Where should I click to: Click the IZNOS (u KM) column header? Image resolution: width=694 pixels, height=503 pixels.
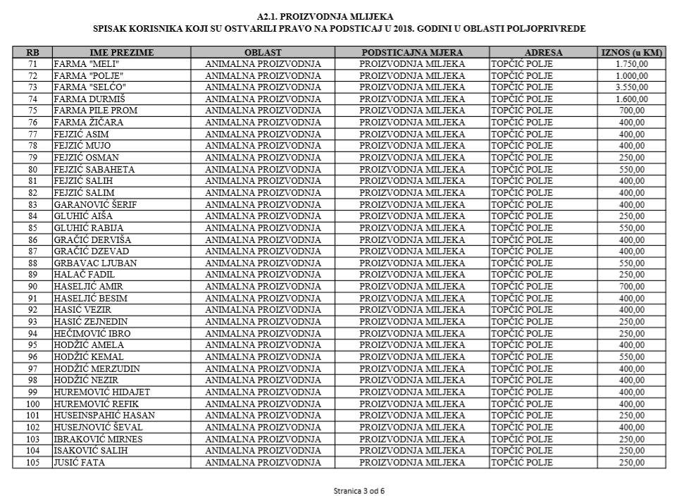[x=632, y=53]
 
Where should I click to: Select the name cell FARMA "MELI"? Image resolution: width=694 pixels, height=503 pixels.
[x=83, y=64]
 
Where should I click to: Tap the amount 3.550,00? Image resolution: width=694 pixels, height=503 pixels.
[x=631, y=87]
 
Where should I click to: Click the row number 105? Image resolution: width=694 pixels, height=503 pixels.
[x=32, y=462]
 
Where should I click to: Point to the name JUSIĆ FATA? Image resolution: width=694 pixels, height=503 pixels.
[x=79, y=462]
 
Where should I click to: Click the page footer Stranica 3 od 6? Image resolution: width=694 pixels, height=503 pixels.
[x=359, y=490]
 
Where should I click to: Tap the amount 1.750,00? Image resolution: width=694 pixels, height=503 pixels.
[x=631, y=64]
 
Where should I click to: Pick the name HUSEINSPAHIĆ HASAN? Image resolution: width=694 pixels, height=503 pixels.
[x=104, y=416]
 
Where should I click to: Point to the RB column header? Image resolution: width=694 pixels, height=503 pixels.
[x=32, y=53]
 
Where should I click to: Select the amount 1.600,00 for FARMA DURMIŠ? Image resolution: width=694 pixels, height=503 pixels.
[x=631, y=99]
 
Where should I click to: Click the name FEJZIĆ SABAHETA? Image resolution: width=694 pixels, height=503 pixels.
[x=94, y=169]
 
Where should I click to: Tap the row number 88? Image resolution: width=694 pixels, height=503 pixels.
[x=32, y=263]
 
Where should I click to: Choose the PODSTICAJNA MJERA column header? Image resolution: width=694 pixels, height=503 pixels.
[x=412, y=53]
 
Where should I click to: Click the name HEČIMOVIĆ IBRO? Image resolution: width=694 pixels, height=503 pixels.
[x=92, y=333]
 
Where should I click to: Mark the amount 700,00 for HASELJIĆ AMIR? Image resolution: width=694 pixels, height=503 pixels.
[x=631, y=287]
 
